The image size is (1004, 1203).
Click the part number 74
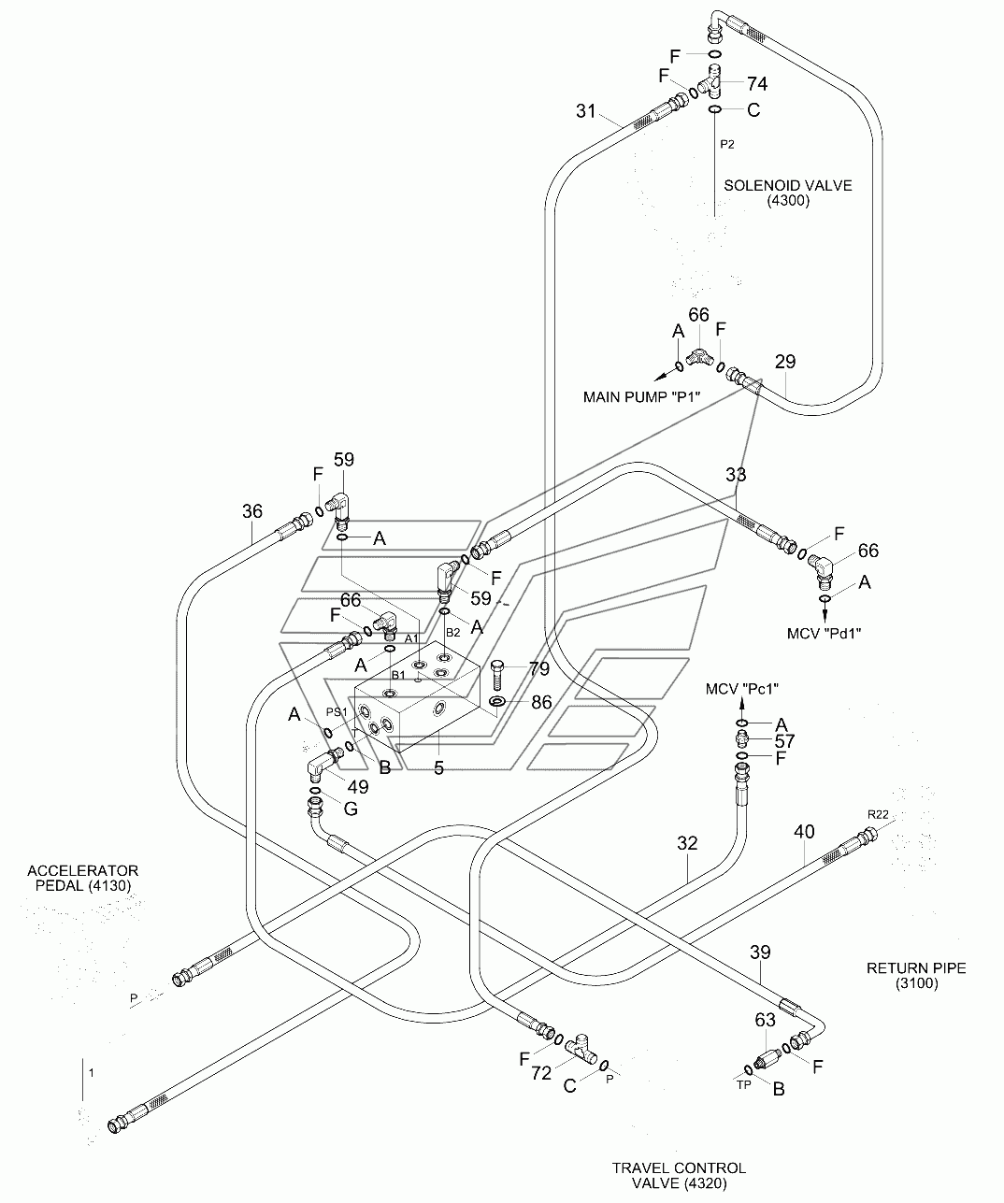click(x=757, y=84)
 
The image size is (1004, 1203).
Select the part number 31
click(x=585, y=110)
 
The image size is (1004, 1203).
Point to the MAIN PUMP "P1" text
click(x=641, y=397)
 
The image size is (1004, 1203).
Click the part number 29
click(x=785, y=362)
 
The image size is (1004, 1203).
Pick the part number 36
click(x=251, y=511)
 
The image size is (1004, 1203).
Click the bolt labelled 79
click(x=497, y=675)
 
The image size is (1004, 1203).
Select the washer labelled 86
click(x=496, y=701)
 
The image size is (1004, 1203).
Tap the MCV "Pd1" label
click(x=825, y=634)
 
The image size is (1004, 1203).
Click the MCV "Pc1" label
click(x=742, y=689)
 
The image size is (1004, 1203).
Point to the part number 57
click(x=784, y=741)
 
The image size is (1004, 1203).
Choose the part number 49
click(x=358, y=786)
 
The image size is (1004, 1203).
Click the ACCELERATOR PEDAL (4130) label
click(x=83, y=878)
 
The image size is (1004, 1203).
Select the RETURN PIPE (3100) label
click(x=916, y=976)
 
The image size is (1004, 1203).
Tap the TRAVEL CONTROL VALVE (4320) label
click(x=679, y=1175)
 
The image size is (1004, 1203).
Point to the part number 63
click(x=765, y=1021)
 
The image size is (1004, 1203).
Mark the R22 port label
click(x=878, y=814)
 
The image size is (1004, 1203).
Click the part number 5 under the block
click(x=438, y=767)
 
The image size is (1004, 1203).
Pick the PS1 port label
click(x=337, y=712)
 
